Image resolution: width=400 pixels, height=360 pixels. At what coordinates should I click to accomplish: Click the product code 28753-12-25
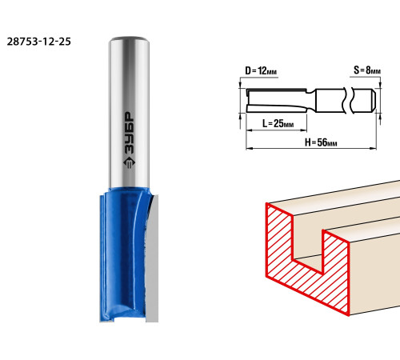(39, 42)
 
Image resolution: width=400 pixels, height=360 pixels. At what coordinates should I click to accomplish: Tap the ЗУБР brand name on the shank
(130, 133)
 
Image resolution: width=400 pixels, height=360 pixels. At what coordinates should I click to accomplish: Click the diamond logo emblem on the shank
(129, 163)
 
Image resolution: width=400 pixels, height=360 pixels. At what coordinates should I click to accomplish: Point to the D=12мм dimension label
(261, 71)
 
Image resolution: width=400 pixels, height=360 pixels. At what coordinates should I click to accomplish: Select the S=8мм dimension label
(367, 70)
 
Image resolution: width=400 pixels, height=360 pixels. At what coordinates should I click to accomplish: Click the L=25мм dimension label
(278, 123)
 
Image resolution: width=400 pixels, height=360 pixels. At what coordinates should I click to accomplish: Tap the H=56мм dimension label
(321, 142)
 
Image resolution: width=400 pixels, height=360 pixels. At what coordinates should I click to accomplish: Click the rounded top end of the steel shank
(129, 40)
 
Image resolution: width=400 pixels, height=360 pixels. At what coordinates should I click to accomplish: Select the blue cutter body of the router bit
(123, 254)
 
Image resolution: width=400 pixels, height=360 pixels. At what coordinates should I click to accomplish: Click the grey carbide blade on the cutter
(152, 258)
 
